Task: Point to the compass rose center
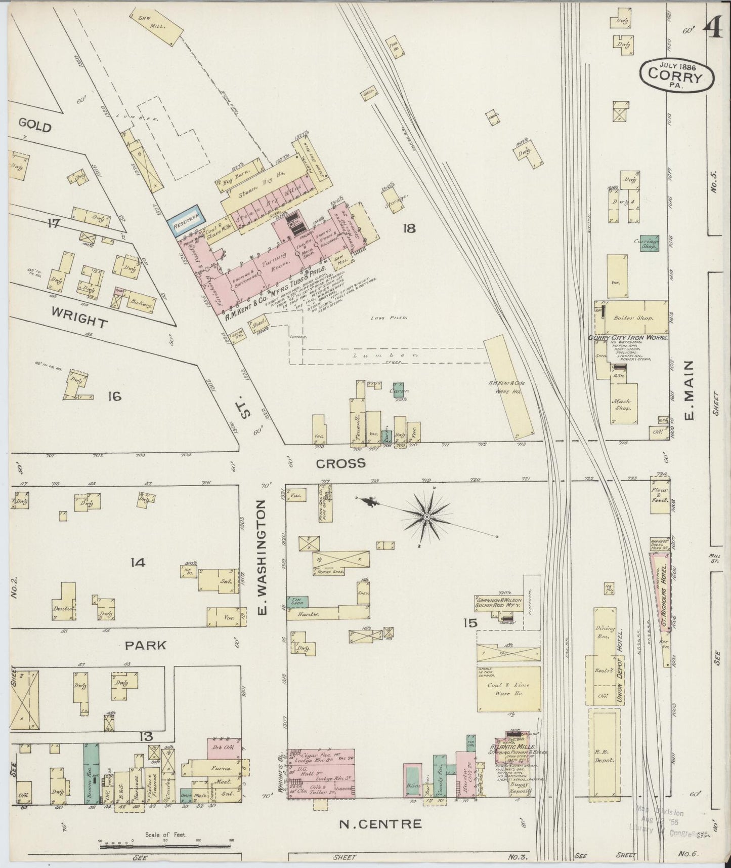point(426,516)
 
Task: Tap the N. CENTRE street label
point(380,824)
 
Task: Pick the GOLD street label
point(35,125)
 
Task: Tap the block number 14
point(138,562)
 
